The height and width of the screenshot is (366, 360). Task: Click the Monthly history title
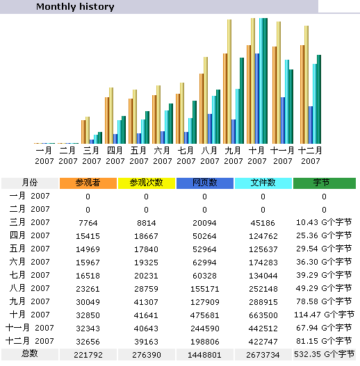point(75,6)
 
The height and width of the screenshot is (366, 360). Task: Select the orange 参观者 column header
point(88,183)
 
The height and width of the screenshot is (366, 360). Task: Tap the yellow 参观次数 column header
point(147,183)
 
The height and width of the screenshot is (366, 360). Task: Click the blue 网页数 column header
point(205,183)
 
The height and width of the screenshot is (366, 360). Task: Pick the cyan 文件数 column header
point(263,183)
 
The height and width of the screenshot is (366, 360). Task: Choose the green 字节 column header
point(325,183)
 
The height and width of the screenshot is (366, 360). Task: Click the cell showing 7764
point(88,223)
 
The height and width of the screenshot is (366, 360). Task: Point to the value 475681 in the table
point(204,315)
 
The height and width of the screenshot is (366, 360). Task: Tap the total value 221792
point(88,355)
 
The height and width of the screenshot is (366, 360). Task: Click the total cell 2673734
point(263,355)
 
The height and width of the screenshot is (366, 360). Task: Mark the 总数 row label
point(30,353)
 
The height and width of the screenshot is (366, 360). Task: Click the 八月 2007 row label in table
point(30,288)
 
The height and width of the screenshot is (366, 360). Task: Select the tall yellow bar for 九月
point(229,81)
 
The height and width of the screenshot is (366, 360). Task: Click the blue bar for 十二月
point(311,125)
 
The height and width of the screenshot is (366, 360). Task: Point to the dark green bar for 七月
point(195,122)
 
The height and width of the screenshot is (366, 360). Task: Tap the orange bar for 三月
point(83,132)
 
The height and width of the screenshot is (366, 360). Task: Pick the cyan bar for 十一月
point(287,102)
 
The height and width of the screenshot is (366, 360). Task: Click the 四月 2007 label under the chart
point(115,156)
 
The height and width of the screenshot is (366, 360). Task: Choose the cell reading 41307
point(146,302)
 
